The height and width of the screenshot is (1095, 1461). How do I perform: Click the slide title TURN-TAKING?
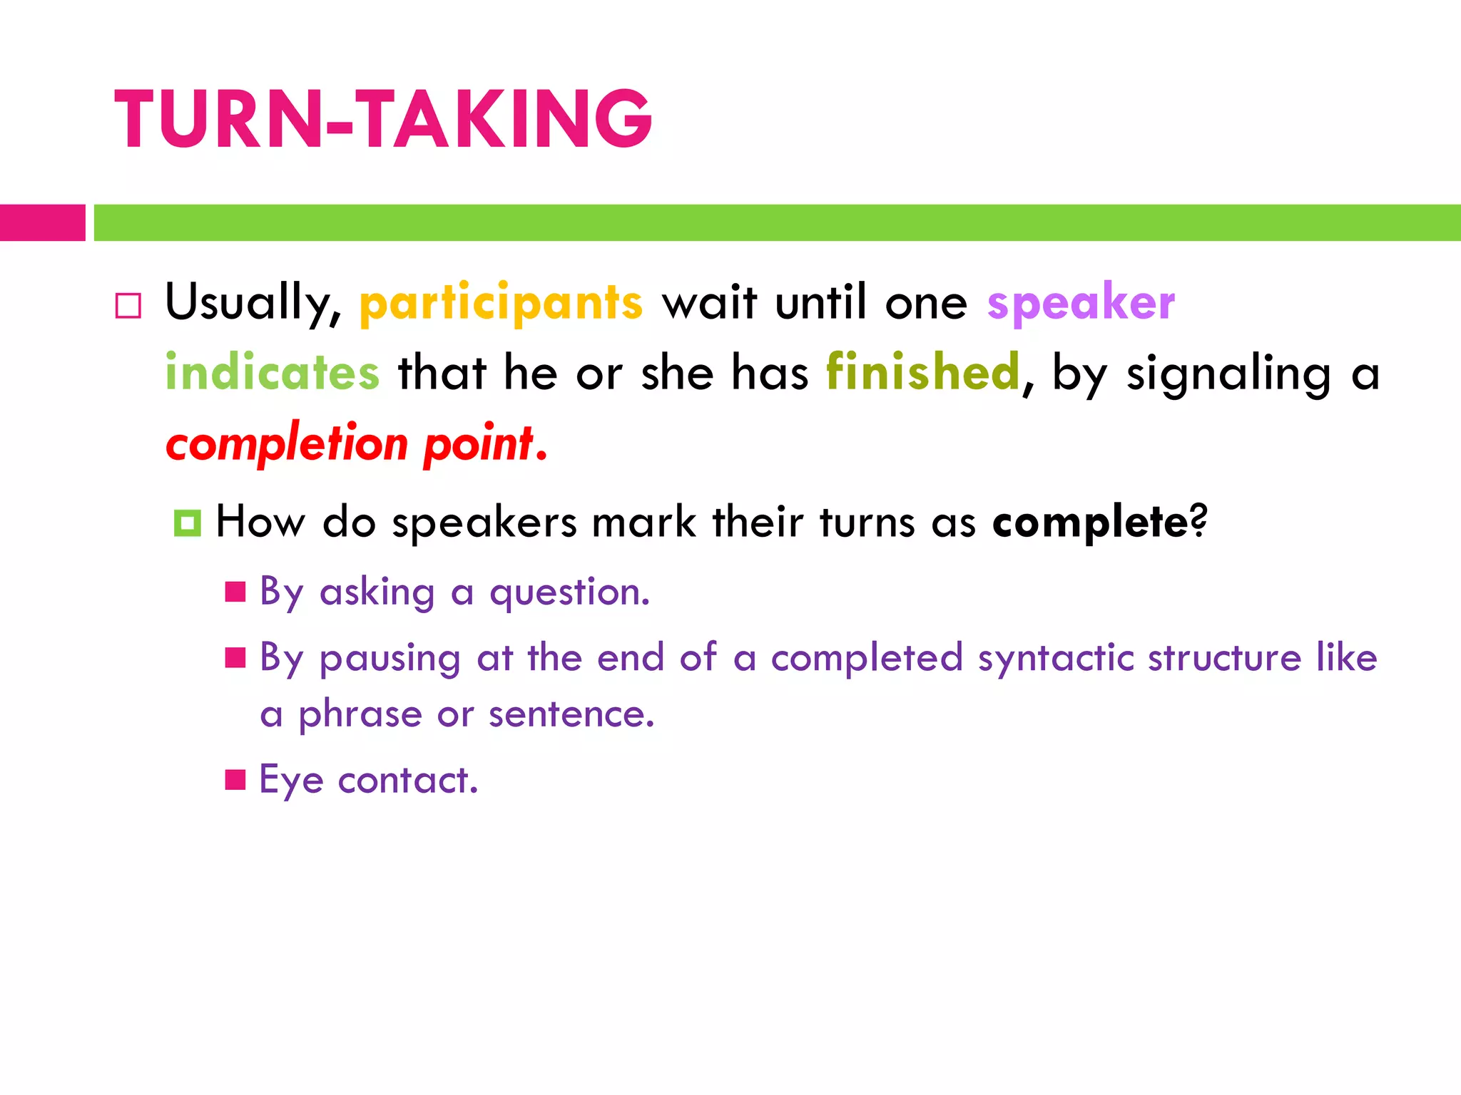[383, 119]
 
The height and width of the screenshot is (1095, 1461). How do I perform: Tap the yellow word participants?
[501, 302]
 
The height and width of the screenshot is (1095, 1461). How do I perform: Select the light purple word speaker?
[1081, 302]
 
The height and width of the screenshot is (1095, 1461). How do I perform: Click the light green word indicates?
[272, 372]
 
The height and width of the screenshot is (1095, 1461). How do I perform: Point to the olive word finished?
[923, 372]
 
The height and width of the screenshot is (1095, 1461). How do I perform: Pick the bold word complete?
[1090, 522]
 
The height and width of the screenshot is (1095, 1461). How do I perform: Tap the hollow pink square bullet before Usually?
[128, 306]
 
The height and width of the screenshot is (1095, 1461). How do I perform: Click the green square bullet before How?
[187, 523]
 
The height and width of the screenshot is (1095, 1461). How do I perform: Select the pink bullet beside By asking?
[235, 592]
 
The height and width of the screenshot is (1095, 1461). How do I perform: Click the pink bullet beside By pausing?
[235, 657]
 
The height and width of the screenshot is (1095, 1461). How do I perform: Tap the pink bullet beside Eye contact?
[235, 780]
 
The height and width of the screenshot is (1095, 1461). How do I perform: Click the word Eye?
[290, 780]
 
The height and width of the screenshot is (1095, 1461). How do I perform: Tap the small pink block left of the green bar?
[42, 222]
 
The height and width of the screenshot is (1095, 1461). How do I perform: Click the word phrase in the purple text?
[360, 714]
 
